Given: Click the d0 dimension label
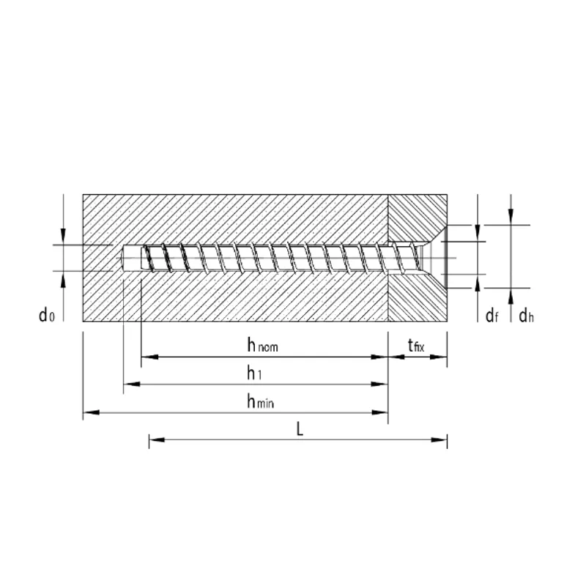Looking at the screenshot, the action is click(x=47, y=315).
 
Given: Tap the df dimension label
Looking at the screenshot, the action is click(x=492, y=316).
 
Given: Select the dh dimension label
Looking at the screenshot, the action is click(x=526, y=316).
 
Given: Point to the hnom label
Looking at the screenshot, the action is click(x=263, y=345).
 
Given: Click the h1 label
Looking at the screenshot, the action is click(x=254, y=373).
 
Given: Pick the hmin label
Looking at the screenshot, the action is click(x=261, y=401).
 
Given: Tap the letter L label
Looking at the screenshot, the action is click(x=300, y=429).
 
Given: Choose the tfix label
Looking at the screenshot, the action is click(x=416, y=345).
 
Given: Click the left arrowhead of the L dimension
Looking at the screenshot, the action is click(x=157, y=439).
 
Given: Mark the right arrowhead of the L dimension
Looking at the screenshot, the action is click(x=439, y=439).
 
